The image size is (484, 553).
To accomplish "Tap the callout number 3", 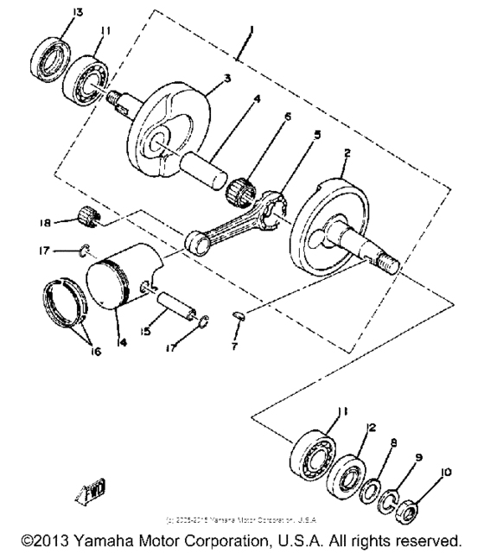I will (x=226, y=78).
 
